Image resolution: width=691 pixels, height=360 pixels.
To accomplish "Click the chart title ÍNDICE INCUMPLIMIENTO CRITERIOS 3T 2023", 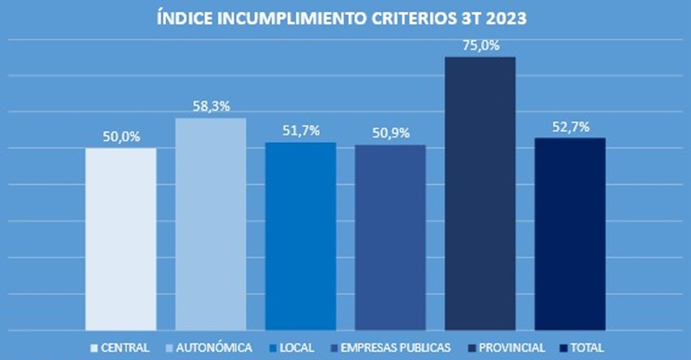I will point(342,19).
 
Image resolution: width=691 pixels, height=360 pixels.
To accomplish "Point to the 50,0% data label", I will point(122,137).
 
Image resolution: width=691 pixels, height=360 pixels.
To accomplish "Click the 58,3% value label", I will point(211,107).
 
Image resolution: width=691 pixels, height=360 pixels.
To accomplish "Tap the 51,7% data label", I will point(301,131).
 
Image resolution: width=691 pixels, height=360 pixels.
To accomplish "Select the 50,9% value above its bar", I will point(390,133).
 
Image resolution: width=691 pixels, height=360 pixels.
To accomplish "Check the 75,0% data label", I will point(480,46).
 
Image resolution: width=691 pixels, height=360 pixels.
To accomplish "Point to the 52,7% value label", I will point(570,126).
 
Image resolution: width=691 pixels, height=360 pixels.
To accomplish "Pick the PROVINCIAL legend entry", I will point(507,347).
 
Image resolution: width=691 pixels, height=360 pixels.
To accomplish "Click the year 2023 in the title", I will point(508,19).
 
